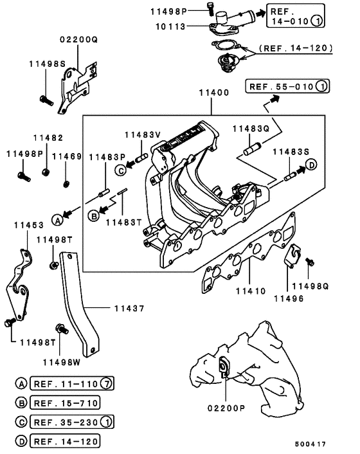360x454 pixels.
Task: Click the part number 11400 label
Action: [214, 93]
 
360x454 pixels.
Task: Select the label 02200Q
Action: [79, 39]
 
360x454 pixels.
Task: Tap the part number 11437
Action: [129, 309]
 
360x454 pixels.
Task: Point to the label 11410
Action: [251, 291]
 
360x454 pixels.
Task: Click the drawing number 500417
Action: [310, 444]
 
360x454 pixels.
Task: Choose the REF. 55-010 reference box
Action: [287, 86]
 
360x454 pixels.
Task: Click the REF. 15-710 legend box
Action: [65, 403]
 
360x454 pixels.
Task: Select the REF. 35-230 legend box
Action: [72, 422]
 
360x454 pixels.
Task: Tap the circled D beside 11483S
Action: [311, 165]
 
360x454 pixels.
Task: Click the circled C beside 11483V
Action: [121, 170]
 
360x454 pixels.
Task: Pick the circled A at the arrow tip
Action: [58, 221]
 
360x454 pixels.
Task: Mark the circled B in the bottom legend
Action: [21, 403]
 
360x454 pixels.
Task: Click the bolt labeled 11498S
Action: [46, 100]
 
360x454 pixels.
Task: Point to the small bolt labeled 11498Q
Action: [310, 262]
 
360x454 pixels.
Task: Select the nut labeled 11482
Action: [46, 172]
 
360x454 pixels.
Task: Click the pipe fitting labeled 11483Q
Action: [253, 149]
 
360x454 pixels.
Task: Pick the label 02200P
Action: [226, 408]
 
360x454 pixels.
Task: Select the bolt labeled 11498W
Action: [62, 329]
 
